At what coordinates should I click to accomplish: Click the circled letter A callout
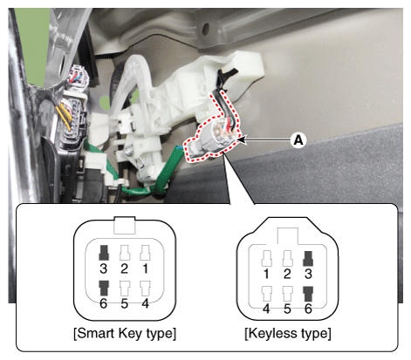pyautogui.click(x=298, y=140)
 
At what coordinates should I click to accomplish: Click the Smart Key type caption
pyautogui.click(x=125, y=333)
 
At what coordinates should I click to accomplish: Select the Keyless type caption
pyautogui.click(x=288, y=333)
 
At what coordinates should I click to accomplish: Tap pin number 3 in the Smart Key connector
pyautogui.click(x=103, y=268)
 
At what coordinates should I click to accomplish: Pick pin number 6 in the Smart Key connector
pyautogui.click(x=103, y=303)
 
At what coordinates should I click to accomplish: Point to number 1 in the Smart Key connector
pyautogui.click(x=145, y=268)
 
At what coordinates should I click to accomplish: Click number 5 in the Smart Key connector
pyautogui.click(x=124, y=303)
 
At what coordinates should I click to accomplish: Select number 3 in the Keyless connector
pyautogui.click(x=308, y=274)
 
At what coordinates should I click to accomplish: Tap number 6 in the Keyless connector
pyautogui.click(x=308, y=309)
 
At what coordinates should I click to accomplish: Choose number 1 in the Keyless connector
pyautogui.click(x=266, y=274)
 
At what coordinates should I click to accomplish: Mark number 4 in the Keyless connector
pyautogui.click(x=266, y=309)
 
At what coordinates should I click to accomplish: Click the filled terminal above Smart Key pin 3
pyautogui.click(x=104, y=253)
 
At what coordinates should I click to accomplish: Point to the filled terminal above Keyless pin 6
pyautogui.click(x=308, y=294)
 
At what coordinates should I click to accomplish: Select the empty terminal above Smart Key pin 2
pyautogui.click(x=125, y=253)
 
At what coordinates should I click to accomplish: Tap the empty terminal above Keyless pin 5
pyautogui.click(x=287, y=294)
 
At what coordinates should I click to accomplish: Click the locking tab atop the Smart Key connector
pyautogui.click(x=125, y=225)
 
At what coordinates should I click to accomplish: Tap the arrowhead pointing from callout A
pyautogui.click(x=242, y=140)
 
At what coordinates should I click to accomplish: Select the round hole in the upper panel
pyautogui.click(x=205, y=29)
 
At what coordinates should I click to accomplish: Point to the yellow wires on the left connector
pyautogui.click(x=65, y=116)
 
